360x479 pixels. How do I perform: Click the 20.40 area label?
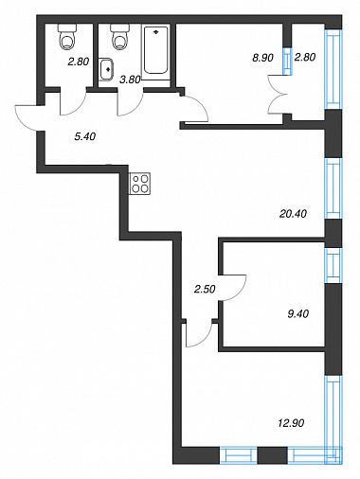[293, 214]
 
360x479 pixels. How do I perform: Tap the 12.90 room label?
[291, 422]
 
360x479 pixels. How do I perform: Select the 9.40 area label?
[298, 314]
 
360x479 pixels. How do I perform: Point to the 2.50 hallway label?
[205, 289]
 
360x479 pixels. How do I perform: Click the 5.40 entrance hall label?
[84, 136]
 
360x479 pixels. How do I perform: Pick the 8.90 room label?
[262, 58]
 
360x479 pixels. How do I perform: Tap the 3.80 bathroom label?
[130, 80]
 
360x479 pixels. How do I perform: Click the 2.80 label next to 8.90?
[305, 58]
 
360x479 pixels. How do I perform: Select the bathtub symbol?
[155, 50]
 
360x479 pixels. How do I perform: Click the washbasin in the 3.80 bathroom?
[107, 69]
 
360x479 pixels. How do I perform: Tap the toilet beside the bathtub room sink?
[120, 37]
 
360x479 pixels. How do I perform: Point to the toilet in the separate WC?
[67, 37]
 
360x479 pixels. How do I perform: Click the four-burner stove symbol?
[139, 184]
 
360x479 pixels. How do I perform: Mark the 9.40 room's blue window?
[333, 265]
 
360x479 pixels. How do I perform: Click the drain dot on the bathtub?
[155, 32]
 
